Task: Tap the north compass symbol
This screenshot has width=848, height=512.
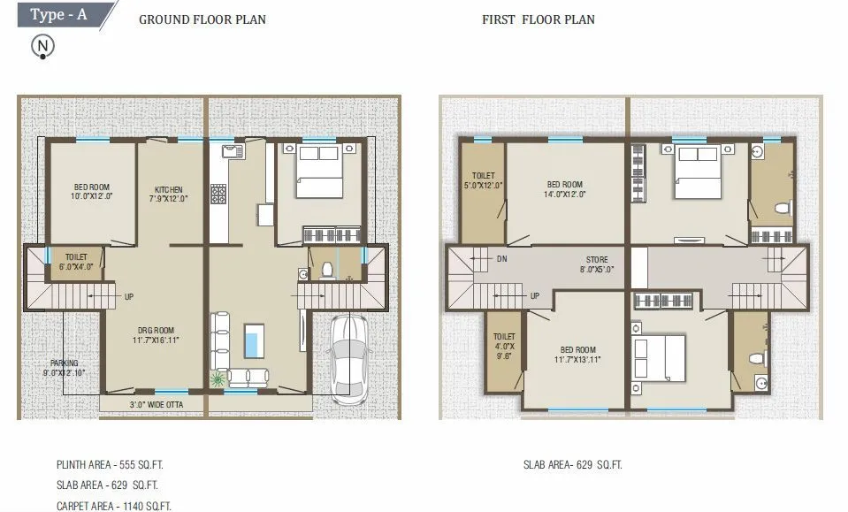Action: click(x=42, y=47)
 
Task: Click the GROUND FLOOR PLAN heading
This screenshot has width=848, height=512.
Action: click(x=202, y=19)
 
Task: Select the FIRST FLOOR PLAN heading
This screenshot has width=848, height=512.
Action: click(x=538, y=19)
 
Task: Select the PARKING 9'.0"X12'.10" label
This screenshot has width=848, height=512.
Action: click(x=64, y=368)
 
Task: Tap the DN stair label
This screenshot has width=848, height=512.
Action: click(x=501, y=260)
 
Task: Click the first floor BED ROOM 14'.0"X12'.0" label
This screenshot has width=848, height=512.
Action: click(x=564, y=189)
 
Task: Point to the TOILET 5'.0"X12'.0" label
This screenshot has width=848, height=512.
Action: click(x=483, y=180)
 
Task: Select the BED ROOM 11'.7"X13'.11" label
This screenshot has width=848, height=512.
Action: click(x=578, y=355)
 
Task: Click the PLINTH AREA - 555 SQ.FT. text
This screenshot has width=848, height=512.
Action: click(x=111, y=463)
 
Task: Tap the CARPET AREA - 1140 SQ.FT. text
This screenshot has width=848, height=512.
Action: click(x=113, y=506)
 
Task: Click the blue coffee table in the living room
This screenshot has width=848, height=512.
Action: click(x=254, y=340)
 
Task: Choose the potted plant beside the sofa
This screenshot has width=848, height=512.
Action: click(x=217, y=378)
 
